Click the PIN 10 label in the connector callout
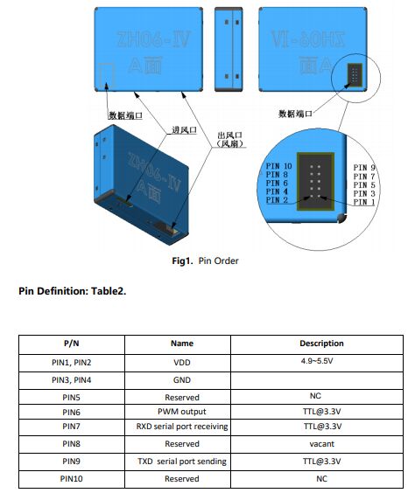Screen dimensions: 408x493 tap(279, 166)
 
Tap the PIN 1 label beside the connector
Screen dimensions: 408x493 tap(364, 202)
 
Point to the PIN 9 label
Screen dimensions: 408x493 tap(364, 168)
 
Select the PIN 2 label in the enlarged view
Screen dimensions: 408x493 tap(277, 200)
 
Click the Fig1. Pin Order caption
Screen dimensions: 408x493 tap(205, 260)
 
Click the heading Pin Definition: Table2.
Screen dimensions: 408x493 tap(73, 291)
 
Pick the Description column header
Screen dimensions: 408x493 tap(321, 343)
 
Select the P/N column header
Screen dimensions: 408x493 tap(72, 343)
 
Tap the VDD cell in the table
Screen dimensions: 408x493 tap(182, 363)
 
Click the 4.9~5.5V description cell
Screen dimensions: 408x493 tap(317, 361)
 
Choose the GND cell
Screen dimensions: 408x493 tap(182, 380)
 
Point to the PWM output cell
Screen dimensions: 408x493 tap(182, 412)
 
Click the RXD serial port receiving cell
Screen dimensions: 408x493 tap(182, 427)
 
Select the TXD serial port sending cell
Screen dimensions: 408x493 tap(182, 462)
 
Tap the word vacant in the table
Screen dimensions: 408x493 tap(321, 444)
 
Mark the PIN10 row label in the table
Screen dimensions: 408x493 tap(72, 479)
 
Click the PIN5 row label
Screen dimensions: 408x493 tap(72, 398)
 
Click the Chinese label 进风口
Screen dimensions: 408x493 tap(184, 130)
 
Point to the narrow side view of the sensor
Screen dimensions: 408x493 tap(229, 49)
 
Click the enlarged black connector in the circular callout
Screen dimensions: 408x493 tap(315, 182)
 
